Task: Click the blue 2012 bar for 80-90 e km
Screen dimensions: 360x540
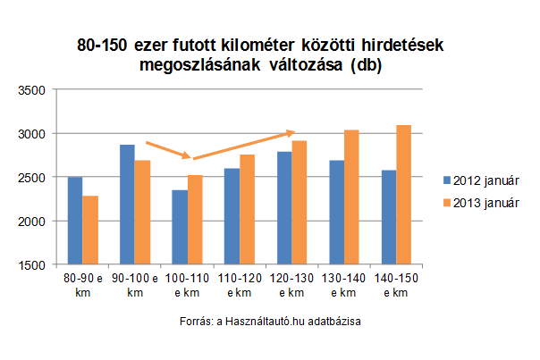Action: pos(75,221)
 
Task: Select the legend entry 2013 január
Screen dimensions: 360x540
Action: pos(485,202)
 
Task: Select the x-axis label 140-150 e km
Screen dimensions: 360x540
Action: pos(395,286)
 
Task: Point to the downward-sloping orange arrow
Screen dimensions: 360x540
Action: pos(167,149)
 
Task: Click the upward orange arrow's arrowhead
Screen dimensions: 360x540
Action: pos(290,133)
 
